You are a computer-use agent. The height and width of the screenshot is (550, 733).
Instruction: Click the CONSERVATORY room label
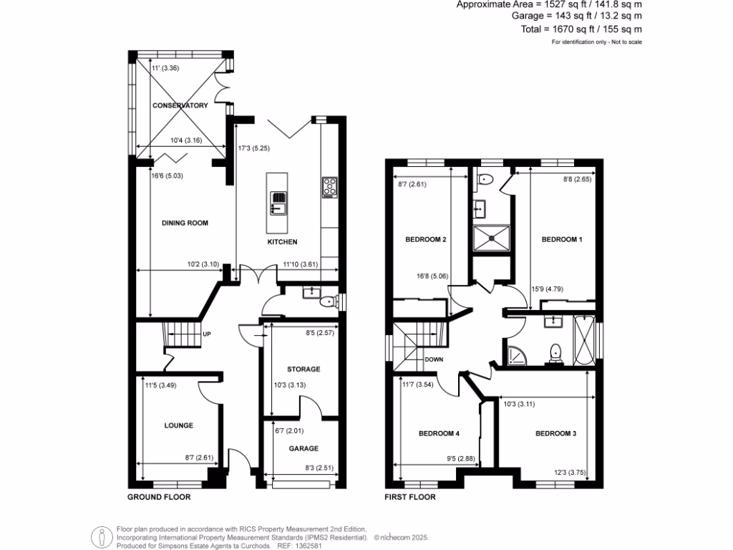(180, 105)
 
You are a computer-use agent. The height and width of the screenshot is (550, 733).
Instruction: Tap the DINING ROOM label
(185, 223)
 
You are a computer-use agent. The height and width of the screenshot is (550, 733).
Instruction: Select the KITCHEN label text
(282, 242)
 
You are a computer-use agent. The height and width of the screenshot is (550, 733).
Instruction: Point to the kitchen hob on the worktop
(330, 188)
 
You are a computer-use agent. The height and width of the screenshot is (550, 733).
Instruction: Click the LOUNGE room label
(178, 425)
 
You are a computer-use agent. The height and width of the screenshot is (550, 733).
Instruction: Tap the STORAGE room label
(304, 370)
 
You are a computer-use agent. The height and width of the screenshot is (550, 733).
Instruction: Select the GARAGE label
(304, 449)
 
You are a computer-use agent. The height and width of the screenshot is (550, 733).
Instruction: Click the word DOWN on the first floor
(435, 360)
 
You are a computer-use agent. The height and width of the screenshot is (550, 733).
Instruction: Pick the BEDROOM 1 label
(561, 239)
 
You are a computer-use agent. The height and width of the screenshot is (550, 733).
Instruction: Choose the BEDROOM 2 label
(427, 239)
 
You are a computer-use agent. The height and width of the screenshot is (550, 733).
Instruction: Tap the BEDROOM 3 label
(555, 433)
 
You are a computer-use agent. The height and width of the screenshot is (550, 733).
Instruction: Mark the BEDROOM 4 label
(438, 433)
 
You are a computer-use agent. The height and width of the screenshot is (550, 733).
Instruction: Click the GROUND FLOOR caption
(159, 496)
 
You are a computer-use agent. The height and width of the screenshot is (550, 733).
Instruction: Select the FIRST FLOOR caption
(410, 496)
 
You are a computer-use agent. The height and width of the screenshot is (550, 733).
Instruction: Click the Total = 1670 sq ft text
(581, 29)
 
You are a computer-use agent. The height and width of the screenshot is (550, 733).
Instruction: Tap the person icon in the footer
(101, 536)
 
